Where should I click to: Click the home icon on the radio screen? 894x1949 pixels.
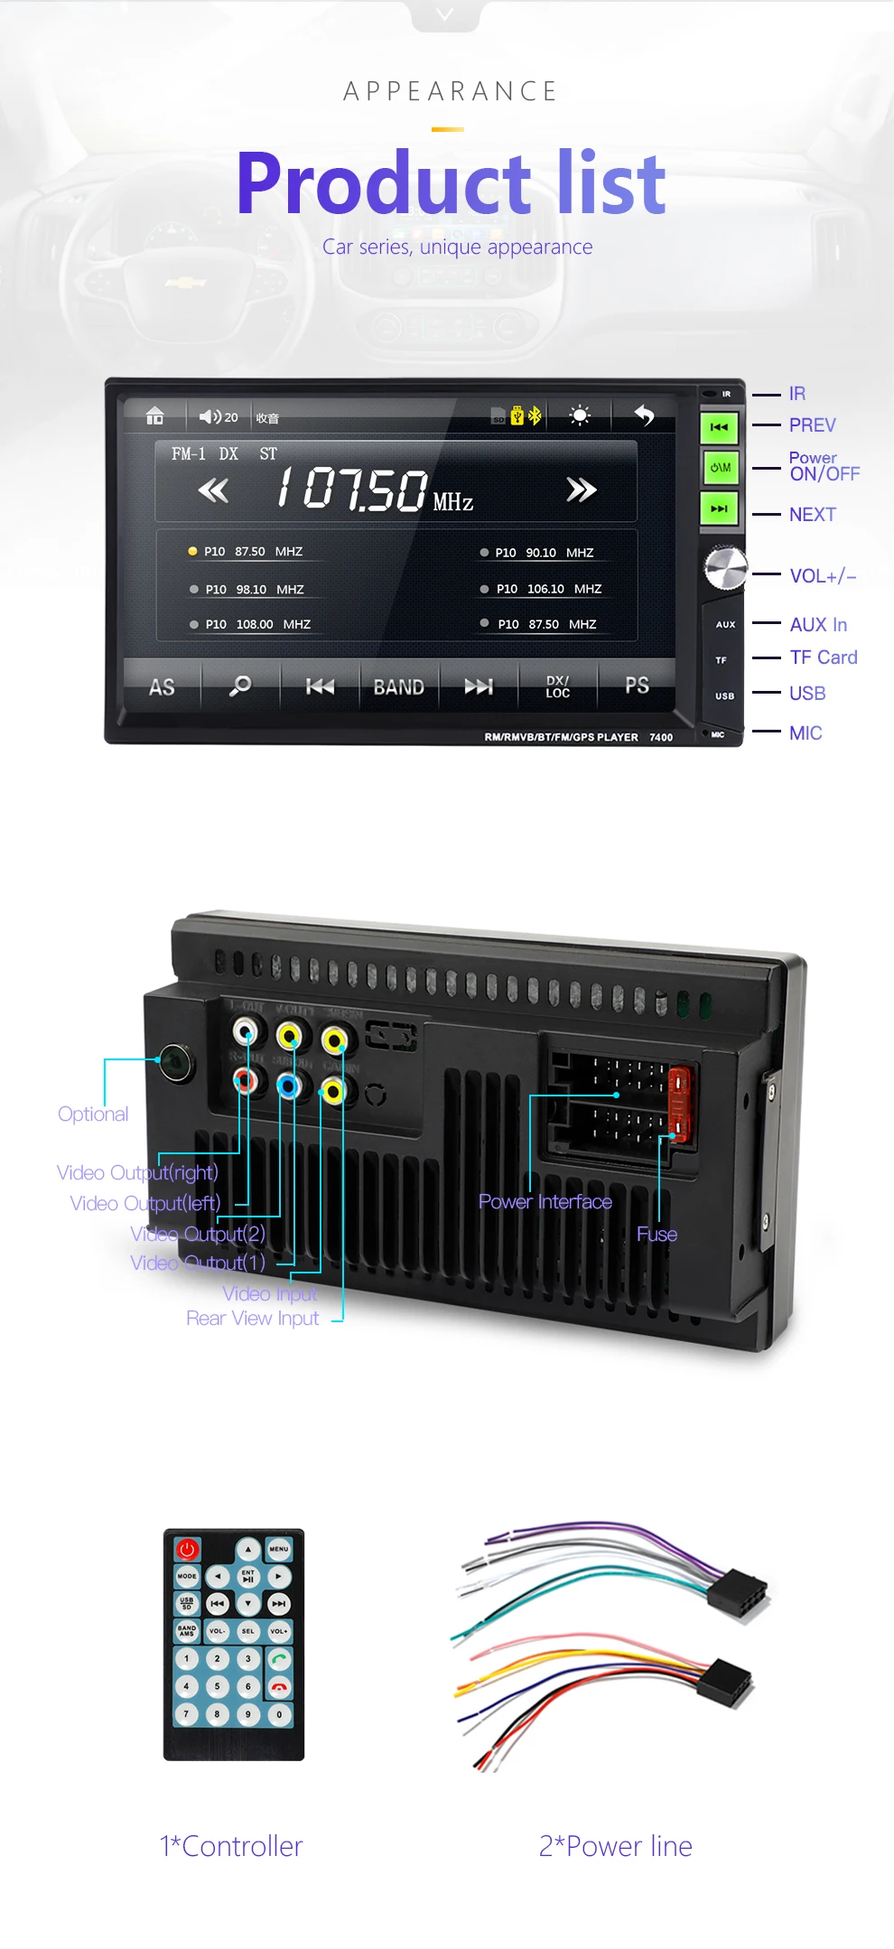pos(155,415)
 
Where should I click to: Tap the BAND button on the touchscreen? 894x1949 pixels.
pos(398,687)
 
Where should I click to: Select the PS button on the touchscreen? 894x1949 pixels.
pos(637,685)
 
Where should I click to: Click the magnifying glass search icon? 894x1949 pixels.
pos(240,686)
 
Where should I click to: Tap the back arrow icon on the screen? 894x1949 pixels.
pos(644,415)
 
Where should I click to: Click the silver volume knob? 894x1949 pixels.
pos(725,567)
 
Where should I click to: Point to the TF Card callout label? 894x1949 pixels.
pos(823,657)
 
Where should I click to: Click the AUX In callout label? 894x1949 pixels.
pos(817,625)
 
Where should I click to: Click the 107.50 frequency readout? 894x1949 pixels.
pos(352,490)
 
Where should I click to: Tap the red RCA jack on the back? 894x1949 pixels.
pos(244,1079)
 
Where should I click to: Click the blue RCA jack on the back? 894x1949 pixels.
pos(288,1085)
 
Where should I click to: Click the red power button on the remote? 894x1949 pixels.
pos(187,1549)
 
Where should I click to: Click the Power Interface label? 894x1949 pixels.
pos(545,1202)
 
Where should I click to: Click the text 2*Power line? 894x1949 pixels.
pos(615,1846)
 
